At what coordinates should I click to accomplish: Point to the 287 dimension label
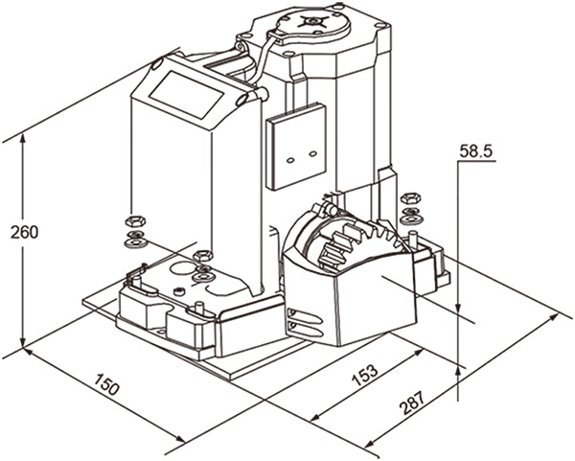point(409,406)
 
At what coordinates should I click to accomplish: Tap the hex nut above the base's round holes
point(202,255)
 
